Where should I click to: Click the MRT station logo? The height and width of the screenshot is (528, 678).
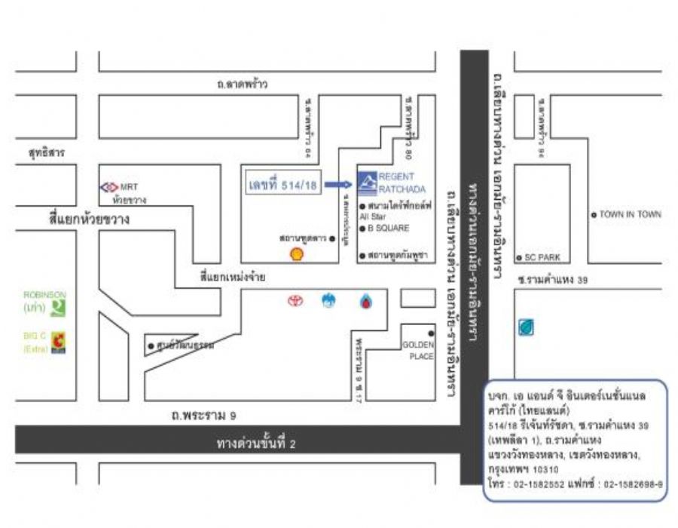coord(109,186)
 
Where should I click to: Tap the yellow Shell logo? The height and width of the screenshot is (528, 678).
coord(298,254)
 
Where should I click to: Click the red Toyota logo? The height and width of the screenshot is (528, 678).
coord(294,301)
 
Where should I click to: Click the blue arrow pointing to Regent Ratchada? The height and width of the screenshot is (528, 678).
coord(340,183)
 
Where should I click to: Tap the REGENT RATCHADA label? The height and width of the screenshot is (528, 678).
coord(397,182)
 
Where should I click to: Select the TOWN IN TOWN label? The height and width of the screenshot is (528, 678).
coord(630,214)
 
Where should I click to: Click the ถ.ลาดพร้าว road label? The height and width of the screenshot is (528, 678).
coord(238,84)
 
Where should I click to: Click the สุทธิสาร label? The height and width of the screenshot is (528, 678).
coord(47,152)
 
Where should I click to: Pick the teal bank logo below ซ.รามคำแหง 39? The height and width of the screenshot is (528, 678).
coord(525,327)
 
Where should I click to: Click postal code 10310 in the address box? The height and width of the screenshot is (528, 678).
coord(542,469)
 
